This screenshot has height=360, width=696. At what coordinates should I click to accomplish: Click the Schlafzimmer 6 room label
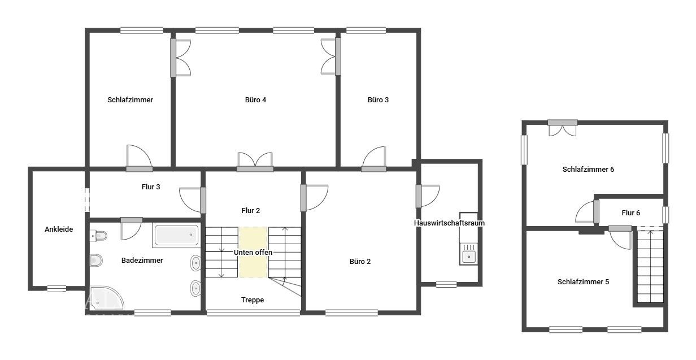click(588, 169)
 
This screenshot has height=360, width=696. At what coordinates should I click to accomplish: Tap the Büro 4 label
click(255, 100)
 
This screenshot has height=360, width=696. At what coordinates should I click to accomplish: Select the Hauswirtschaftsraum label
click(449, 223)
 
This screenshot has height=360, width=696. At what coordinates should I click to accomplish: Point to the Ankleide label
click(59, 229)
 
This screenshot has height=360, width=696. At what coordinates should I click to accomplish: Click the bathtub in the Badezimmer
click(176, 235)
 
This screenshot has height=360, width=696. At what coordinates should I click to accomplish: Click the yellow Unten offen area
click(253, 252)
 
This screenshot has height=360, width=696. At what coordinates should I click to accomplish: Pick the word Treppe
click(253, 300)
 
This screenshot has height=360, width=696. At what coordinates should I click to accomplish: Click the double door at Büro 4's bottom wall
click(255, 161)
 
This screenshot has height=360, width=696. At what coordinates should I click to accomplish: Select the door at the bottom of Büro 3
click(374, 159)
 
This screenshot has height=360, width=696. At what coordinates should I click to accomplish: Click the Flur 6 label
click(630, 213)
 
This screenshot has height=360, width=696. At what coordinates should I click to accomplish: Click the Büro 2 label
click(360, 262)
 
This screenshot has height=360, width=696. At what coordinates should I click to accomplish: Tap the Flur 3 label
click(151, 186)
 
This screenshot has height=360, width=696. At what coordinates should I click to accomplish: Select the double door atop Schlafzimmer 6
click(563, 129)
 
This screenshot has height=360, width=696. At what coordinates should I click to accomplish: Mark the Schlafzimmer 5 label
click(583, 281)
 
